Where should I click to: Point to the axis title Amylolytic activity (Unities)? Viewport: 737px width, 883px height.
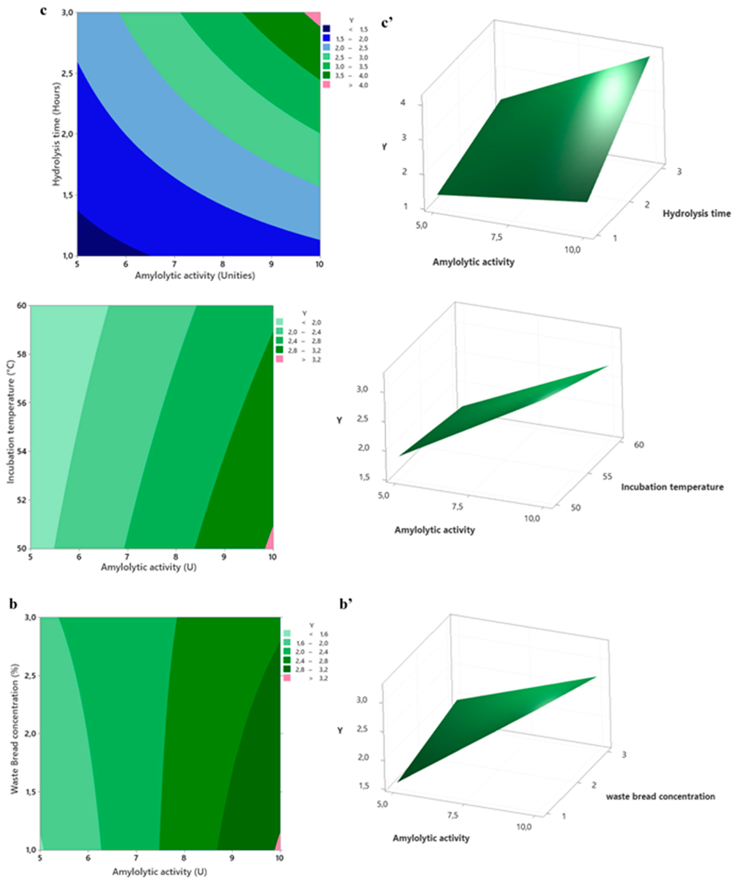tap(195, 276)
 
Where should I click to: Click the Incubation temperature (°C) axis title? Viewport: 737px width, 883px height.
tap(10, 427)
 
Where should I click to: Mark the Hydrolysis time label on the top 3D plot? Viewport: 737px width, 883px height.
tap(696, 214)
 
